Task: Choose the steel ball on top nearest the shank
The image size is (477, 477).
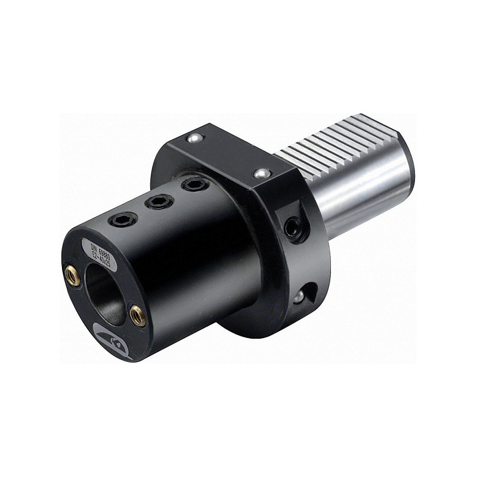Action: click(x=261, y=174)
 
